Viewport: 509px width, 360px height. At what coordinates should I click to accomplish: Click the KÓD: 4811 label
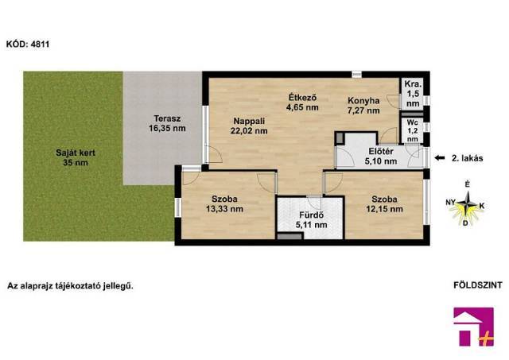coord(28,44)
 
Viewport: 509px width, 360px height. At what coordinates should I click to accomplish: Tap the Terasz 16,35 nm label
coord(167,123)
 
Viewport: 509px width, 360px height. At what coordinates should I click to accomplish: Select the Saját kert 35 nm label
coord(76,157)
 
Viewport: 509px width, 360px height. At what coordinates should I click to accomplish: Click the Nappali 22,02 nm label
coord(249,126)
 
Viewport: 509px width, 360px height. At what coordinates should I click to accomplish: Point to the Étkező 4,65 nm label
coord(302,103)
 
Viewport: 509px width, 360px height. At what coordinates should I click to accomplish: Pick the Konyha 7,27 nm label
coord(363,106)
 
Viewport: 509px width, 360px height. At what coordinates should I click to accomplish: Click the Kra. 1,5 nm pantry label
coord(413,94)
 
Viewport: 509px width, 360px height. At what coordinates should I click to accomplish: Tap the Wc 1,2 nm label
coord(412,131)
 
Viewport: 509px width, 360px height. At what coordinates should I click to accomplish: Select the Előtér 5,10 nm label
coord(381,156)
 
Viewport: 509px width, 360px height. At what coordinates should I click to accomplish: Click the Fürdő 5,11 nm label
coord(311,220)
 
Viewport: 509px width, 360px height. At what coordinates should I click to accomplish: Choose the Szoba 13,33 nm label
coord(224,203)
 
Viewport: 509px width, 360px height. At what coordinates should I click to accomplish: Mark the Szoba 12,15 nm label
coord(384,204)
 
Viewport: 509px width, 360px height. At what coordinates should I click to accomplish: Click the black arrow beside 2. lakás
coord(440,158)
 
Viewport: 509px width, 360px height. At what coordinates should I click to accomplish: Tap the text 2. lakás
coord(468,158)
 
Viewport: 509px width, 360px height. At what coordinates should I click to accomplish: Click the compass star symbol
coord(467,205)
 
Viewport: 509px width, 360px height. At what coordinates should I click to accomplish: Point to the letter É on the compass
coord(467,184)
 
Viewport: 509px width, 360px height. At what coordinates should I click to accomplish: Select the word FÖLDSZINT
coord(478,285)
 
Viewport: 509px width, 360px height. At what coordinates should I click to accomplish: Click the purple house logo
coord(474,327)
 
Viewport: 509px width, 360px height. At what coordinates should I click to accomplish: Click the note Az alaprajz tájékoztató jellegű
coord(70,286)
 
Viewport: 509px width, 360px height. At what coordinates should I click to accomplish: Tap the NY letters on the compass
coord(450,203)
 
